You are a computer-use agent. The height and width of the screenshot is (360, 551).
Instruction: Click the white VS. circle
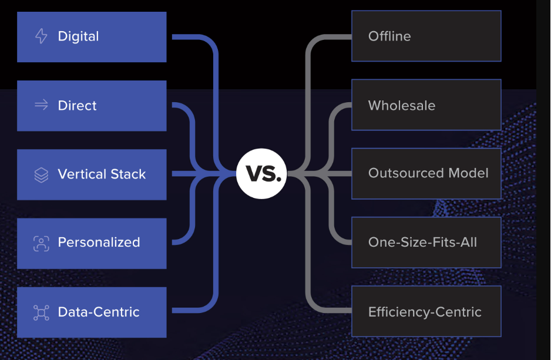pos(261,174)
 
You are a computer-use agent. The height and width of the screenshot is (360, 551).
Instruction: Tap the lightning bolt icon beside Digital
pos(41,36)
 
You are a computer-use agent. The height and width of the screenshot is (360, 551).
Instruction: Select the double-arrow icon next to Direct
pos(41,105)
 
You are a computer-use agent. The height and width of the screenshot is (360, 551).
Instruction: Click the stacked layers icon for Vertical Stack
pos(41,174)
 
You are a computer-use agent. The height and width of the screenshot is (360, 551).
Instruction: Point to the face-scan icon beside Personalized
pos(41,243)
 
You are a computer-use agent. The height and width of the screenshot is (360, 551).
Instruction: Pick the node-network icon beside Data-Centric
pos(41,312)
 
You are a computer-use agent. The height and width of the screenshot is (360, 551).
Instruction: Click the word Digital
pos(78,36)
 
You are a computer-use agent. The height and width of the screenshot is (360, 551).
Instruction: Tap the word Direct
pos(77,106)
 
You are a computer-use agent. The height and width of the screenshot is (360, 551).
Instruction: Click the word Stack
pos(126,174)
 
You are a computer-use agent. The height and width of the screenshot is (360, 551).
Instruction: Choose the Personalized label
pos(99,243)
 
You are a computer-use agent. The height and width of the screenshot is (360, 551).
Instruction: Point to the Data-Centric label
pos(99,312)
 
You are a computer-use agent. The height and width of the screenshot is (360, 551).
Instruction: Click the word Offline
pos(389,36)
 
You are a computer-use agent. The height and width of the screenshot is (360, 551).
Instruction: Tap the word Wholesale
pos(402,106)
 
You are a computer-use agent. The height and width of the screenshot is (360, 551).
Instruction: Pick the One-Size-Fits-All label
pos(422,242)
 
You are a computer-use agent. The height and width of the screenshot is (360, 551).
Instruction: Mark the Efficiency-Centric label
pos(425,312)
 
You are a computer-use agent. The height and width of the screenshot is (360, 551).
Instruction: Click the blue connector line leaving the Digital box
pos(188,36)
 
